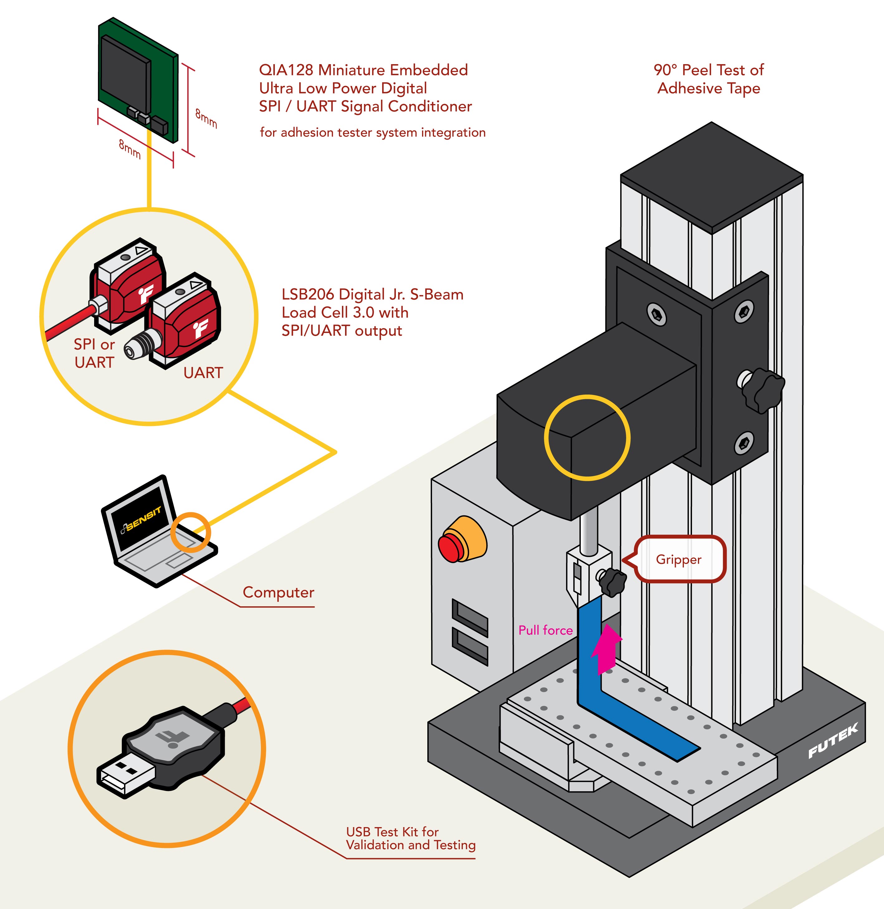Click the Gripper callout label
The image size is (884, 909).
click(678, 559)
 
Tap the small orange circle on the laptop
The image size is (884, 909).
click(190, 532)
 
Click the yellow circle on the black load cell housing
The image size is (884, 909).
click(587, 437)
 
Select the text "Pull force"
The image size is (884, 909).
click(545, 630)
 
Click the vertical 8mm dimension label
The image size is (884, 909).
click(206, 118)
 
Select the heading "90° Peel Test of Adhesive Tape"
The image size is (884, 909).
click(709, 79)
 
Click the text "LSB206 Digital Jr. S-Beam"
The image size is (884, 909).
click(372, 295)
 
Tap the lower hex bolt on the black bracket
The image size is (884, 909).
click(743, 443)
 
